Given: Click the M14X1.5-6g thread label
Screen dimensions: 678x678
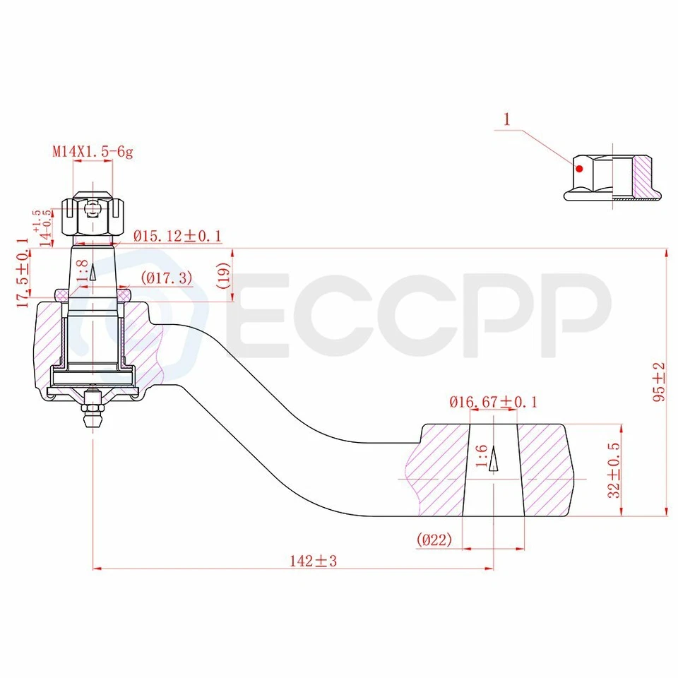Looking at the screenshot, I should click(92, 151).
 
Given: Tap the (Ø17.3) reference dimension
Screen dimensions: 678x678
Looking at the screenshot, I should click(167, 278).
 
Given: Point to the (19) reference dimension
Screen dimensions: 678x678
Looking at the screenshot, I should click(223, 275).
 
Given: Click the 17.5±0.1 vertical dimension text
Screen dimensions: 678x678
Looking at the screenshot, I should click(23, 273).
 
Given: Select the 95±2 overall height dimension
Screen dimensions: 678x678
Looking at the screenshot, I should click(658, 381).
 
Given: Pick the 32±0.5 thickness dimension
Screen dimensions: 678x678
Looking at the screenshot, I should click(614, 470).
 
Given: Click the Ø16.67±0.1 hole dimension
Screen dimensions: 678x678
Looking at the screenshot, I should click(493, 402).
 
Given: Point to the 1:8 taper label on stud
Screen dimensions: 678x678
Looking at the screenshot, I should click(83, 272).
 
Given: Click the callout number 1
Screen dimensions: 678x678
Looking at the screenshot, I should click(506, 119).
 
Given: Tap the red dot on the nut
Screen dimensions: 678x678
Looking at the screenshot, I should click(578, 168).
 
